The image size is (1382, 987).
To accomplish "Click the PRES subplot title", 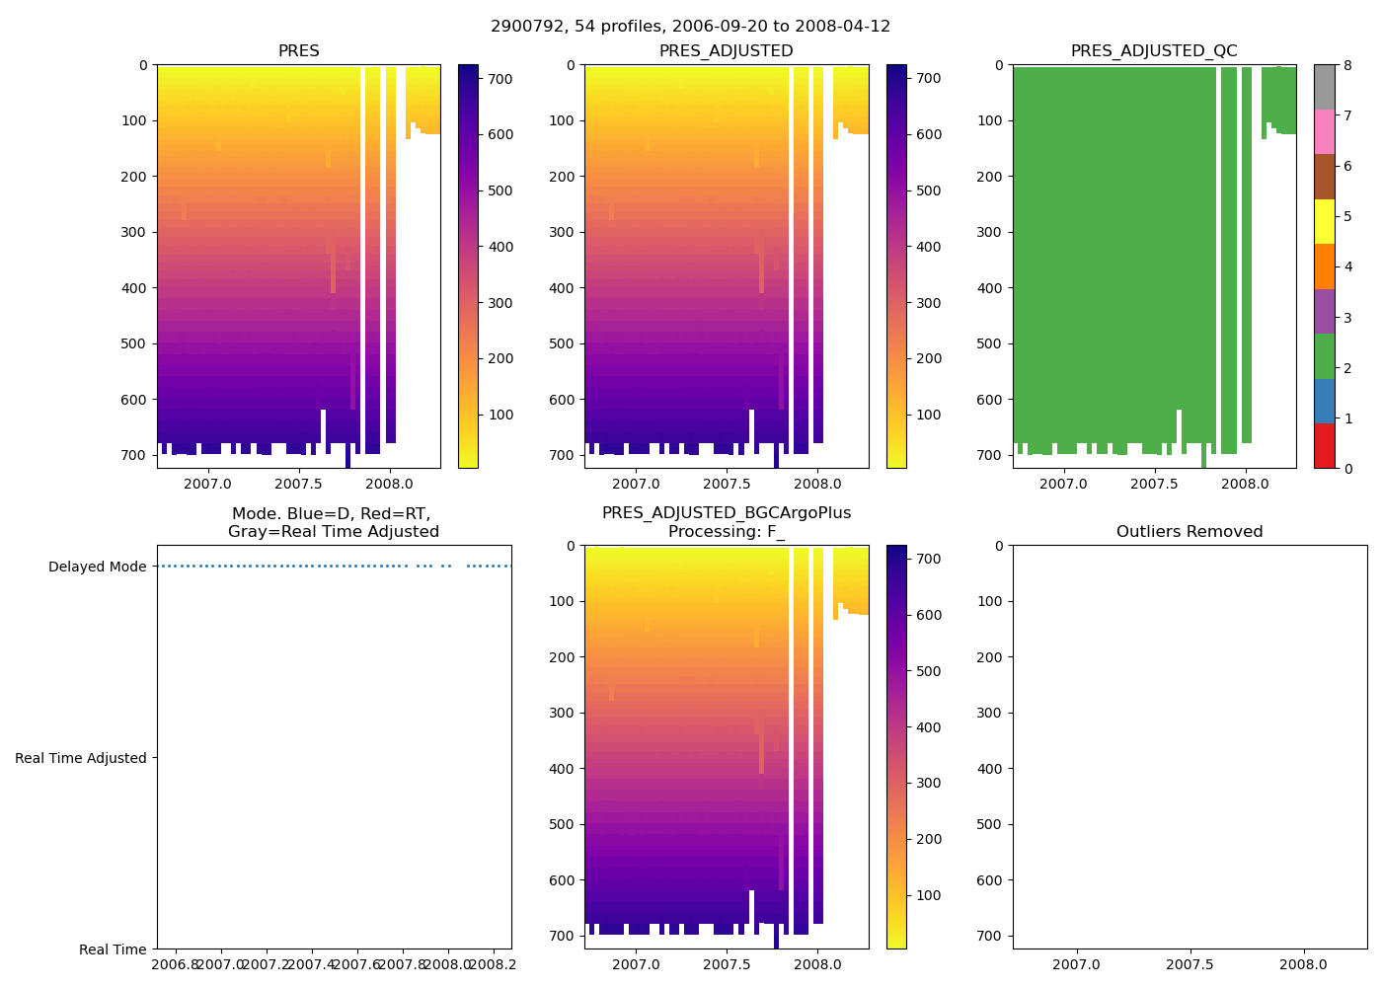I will [298, 51].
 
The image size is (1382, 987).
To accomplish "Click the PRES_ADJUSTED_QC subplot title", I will [1154, 51].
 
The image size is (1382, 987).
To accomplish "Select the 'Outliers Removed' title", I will [1190, 532].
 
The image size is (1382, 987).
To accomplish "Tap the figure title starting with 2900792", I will [690, 27].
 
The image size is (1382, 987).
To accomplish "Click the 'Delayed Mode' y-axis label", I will [97, 567].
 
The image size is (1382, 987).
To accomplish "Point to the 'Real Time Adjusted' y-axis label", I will [81, 758].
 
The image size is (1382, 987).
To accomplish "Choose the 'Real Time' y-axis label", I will [113, 949].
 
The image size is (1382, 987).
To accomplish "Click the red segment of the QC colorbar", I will [1324, 446].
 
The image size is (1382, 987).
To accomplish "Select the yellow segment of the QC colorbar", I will [1324, 221].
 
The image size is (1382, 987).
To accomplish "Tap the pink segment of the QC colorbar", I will [1324, 131].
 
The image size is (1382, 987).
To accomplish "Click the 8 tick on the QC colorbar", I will [1347, 65].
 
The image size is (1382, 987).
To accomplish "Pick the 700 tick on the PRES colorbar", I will [500, 79].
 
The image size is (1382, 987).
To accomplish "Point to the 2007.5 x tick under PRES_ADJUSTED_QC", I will [1154, 484].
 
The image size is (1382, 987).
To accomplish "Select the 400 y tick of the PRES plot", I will [136, 288].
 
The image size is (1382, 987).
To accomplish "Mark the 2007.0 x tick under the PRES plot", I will [207, 484].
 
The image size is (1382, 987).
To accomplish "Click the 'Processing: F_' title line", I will [726, 532].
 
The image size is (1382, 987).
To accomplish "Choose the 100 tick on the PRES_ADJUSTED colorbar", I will [928, 415].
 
